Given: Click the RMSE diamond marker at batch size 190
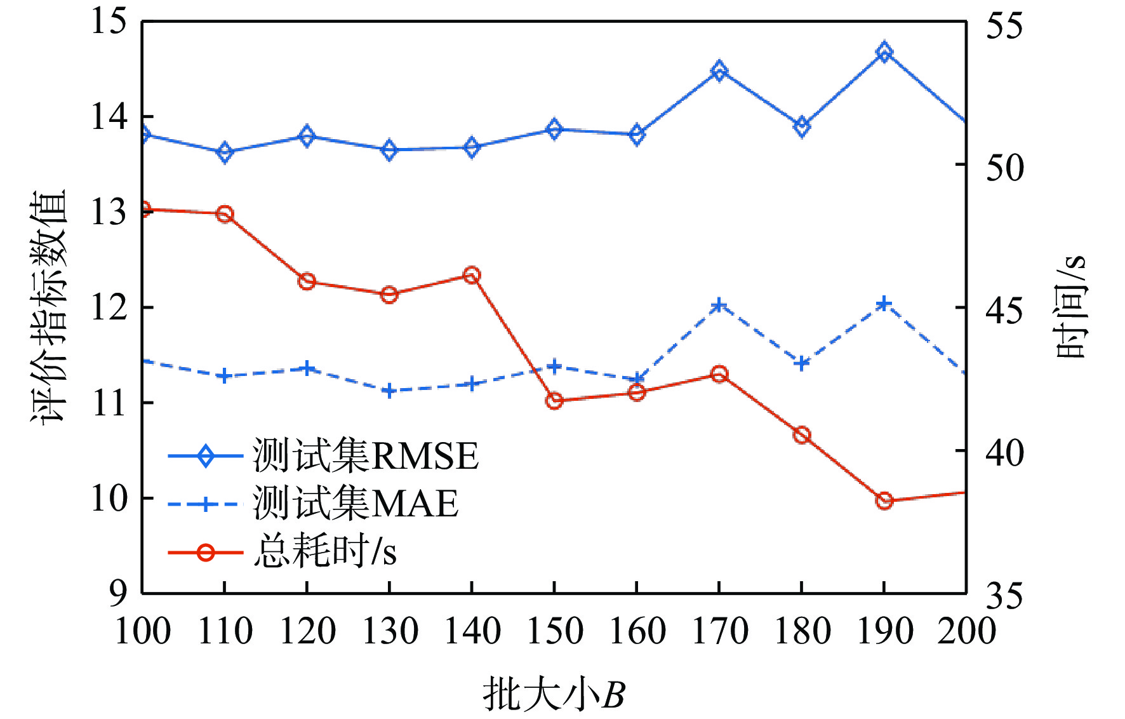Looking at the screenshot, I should point(884,52).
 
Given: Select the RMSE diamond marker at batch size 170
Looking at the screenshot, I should point(719,71).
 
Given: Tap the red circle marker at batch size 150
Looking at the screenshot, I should point(554,401).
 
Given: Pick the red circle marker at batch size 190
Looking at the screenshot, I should point(884,501).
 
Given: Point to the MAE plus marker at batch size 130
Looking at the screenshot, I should point(389,391).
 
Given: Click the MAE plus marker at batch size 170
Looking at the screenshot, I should point(719,306).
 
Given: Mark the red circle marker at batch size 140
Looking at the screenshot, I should point(472,276).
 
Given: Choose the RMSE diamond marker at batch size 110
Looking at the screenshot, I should point(224,152).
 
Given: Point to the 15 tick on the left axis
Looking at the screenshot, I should point(109,22).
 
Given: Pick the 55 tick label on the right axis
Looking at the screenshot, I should point(1004,25).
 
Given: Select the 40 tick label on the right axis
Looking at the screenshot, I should point(1004,452).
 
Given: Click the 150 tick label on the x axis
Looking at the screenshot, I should point(554,631).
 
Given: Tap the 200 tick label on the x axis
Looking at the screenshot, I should point(966,631).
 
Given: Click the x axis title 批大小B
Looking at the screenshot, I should point(554,694).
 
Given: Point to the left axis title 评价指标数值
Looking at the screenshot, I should point(48,307).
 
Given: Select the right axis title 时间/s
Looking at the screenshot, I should point(1072,307).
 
